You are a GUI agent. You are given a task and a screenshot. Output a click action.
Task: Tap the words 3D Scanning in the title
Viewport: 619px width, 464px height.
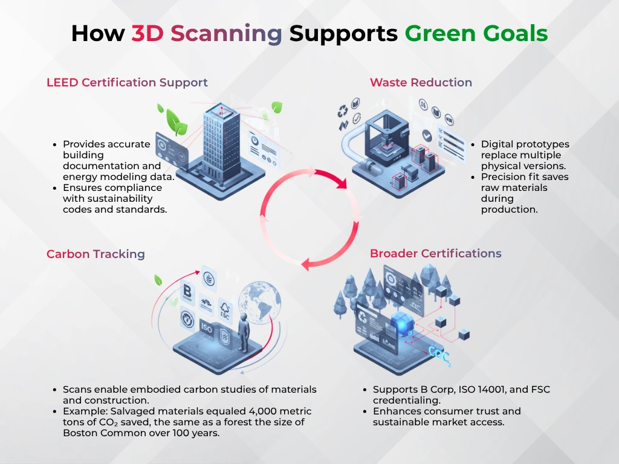click(207, 33)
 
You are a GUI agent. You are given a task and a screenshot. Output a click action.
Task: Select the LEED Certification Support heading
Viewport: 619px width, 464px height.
click(127, 83)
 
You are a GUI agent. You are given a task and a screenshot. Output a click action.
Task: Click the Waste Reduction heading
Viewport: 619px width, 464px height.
click(421, 83)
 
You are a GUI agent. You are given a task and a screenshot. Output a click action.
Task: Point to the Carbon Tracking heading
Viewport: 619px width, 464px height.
click(96, 254)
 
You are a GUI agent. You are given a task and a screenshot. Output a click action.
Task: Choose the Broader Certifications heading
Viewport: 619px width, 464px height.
click(435, 253)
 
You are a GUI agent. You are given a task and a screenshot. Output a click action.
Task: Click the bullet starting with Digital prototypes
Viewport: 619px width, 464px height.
click(525, 155)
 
